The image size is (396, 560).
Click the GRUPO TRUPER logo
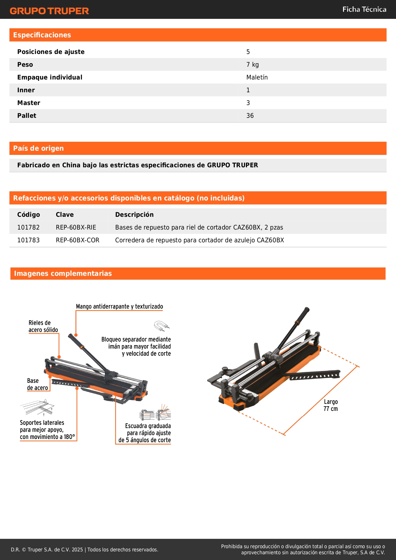pos(49,11)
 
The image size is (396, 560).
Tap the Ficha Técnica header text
pos(364,10)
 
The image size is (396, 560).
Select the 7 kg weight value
pos(252,64)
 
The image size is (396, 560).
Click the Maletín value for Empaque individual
pos(257,77)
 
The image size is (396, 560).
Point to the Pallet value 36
pos(250,116)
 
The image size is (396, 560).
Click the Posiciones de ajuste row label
pos(51,52)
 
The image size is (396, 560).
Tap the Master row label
pos(29,103)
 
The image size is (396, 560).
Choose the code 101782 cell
pos(28,227)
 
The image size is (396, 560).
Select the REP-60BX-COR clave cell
pos(78,240)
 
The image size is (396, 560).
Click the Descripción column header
pos(134,215)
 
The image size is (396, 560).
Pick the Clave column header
pos(65,215)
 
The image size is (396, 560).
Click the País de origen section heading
pos(38,148)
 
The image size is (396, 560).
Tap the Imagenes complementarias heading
pos(63,273)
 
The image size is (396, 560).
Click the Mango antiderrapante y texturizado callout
pos(119,306)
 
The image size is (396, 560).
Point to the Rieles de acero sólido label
pos(43,326)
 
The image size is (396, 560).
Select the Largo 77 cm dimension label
pos(331,405)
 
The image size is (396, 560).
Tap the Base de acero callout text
pos(37,384)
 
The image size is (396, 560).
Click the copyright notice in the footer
pos(85,549)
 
